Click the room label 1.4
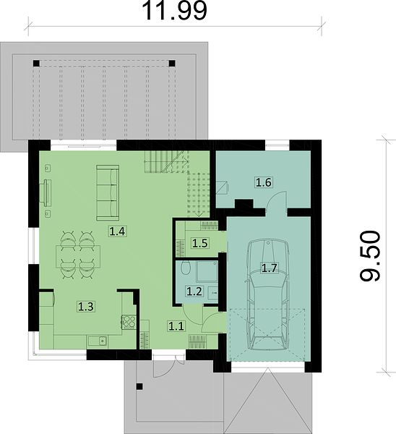(x=118, y=231)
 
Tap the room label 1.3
(x=86, y=307)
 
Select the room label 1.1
(x=176, y=326)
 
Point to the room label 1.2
(x=194, y=292)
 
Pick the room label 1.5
(x=200, y=243)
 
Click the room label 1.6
(x=263, y=183)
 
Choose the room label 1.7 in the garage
(x=270, y=268)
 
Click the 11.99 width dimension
(x=174, y=11)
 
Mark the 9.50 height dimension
(x=370, y=256)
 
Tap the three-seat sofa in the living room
(x=108, y=193)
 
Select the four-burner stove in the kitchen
(x=129, y=323)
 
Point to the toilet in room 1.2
(x=186, y=268)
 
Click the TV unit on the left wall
(x=47, y=193)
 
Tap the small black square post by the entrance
(x=139, y=387)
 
